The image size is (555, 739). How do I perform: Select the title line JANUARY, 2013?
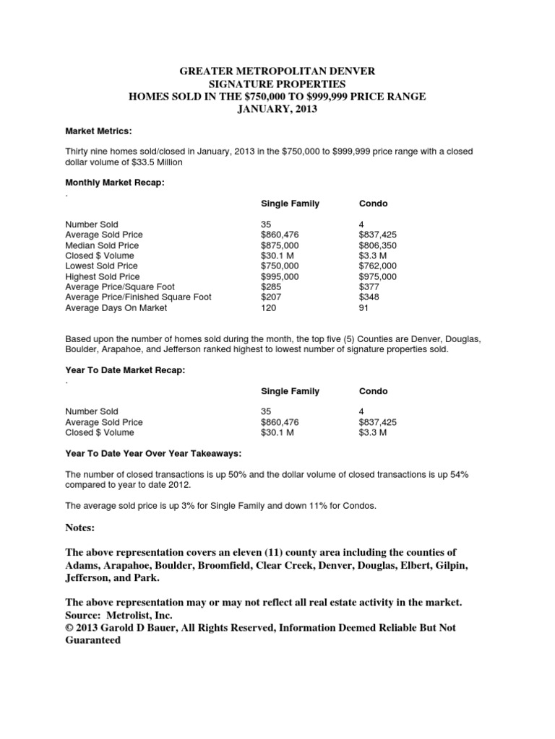277,109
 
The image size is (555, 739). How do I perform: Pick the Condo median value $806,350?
378,245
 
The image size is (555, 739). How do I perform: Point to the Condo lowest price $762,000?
378,266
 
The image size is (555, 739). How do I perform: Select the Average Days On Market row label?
116,308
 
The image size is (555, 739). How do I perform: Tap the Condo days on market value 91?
364,308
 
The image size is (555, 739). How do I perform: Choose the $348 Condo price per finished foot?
369,297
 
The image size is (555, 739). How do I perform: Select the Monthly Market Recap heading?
115,183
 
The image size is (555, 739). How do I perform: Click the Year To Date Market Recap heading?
124,370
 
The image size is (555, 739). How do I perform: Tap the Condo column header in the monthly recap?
373,204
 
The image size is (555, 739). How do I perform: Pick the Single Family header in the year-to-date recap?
290,391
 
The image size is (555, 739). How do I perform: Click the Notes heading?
80,528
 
